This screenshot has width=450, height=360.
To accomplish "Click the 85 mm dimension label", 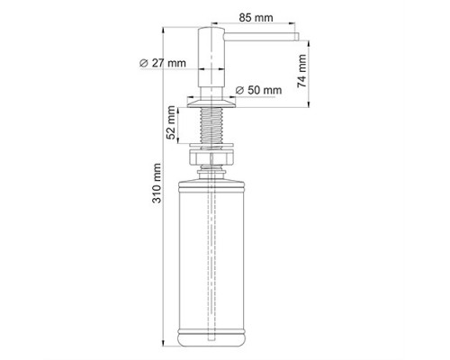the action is (256, 18).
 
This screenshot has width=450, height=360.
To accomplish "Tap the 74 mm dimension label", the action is (301, 71).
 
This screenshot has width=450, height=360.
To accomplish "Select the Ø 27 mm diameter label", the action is (163, 63).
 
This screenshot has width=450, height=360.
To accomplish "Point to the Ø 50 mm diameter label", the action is (258, 90).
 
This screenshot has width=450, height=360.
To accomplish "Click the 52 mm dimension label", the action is (171, 122).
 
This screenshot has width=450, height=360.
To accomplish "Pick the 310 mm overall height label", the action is (157, 183).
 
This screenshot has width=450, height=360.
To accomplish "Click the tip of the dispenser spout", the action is (298, 37).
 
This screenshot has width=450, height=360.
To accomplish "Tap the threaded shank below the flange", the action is (211, 125).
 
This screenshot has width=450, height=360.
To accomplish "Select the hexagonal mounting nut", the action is (211, 157).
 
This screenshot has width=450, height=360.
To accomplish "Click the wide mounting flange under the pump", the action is (211, 103).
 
